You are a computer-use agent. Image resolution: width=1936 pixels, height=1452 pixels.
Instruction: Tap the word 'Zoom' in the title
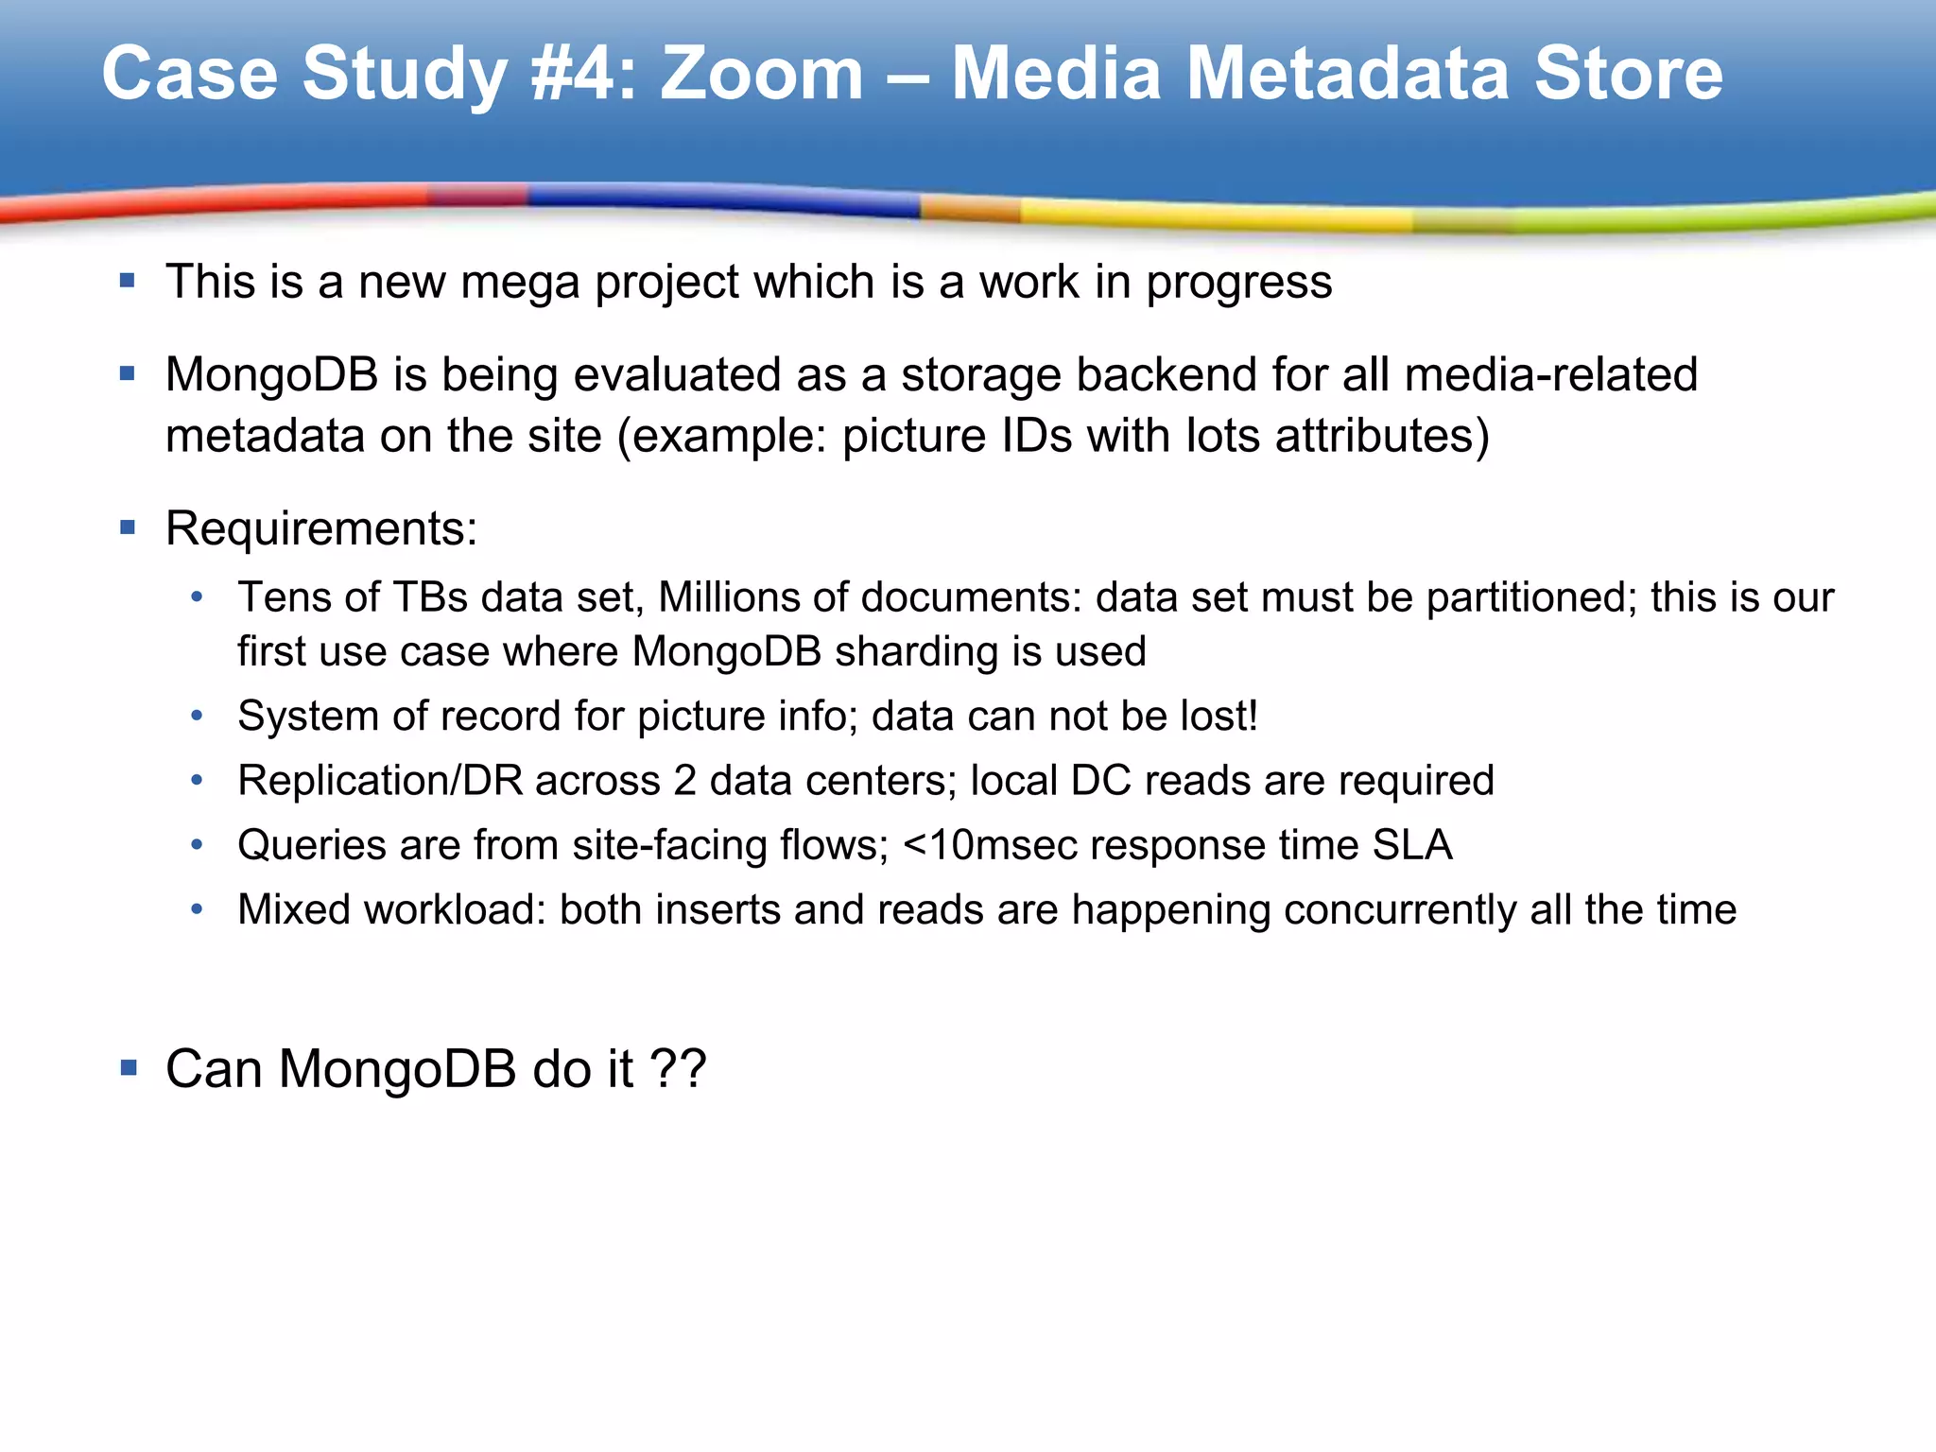762,74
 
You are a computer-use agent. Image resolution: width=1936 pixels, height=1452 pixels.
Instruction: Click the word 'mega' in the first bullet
519,283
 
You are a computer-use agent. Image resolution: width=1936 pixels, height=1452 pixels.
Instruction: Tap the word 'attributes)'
1382,436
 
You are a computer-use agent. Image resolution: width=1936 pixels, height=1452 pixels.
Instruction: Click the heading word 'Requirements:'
321,528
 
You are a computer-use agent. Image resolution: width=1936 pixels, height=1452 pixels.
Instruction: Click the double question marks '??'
678,1069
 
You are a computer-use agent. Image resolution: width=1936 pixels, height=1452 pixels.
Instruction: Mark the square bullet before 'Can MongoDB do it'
129,1068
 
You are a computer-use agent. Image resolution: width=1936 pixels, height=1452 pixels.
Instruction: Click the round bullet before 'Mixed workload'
197,909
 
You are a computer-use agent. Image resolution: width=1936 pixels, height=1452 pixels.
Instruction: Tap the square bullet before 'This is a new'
129,281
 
